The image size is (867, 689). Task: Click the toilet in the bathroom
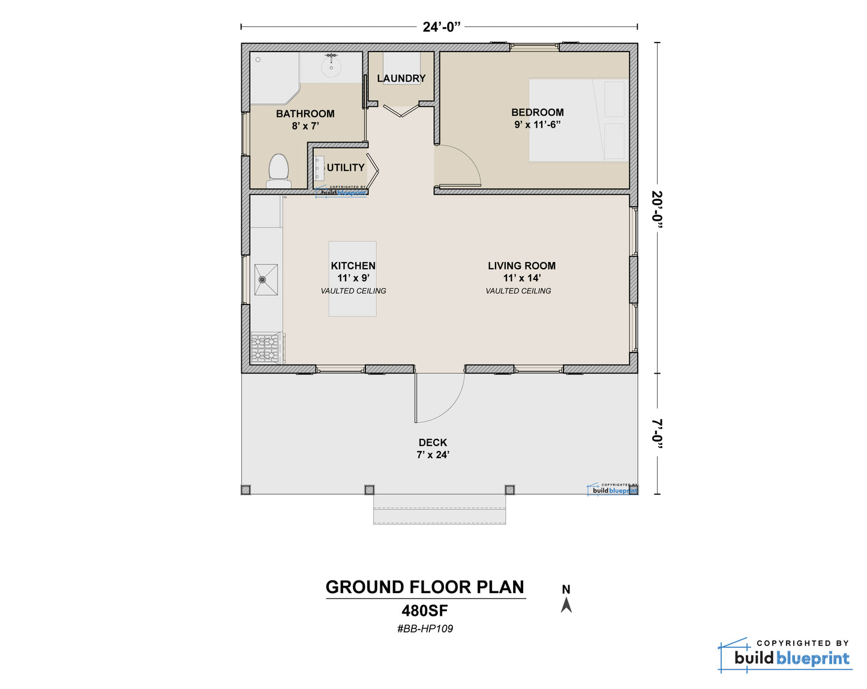pyautogui.click(x=278, y=171)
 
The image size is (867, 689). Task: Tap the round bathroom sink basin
pyautogui.click(x=331, y=68)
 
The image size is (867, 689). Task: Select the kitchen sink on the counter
pyautogui.click(x=266, y=279)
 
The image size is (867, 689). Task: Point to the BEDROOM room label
pyautogui.click(x=538, y=112)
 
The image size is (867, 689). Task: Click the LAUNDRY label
pyautogui.click(x=401, y=79)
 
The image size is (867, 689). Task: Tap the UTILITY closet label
pyautogui.click(x=346, y=167)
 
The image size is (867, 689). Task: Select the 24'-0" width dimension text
pyautogui.click(x=441, y=27)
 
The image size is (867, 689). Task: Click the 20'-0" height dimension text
pyautogui.click(x=657, y=210)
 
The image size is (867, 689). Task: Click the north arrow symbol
pyautogui.click(x=566, y=605)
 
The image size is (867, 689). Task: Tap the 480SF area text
pyautogui.click(x=425, y=611)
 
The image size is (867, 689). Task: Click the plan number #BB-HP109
pyautogui.click(x=425, y=628)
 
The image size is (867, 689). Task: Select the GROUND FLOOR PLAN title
pyautogui.click(x=425, y=587)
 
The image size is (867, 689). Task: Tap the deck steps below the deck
pyautogui.click(x=439, y=509)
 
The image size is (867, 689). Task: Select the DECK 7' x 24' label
pyautogui.click(x=433, y=449)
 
